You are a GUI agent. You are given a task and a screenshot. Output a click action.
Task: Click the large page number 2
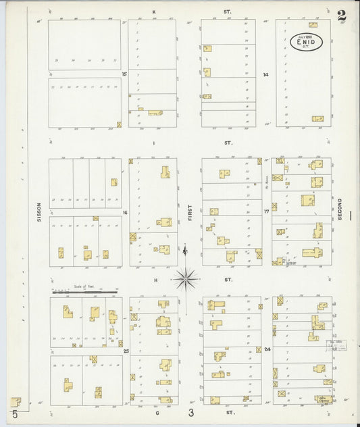[x=342, y=16]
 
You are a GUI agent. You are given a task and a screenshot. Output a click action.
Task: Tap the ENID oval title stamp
[x=307, y=42]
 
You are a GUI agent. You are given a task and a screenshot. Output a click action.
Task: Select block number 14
[x=266, y=74]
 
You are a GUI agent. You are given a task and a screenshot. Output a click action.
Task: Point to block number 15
[x=124, y=74]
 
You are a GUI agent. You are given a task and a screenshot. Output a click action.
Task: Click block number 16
[x=125, y=212]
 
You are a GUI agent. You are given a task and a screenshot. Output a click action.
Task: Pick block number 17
[x=267, y=211]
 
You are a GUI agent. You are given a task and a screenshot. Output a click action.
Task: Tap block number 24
[x=267, y=349]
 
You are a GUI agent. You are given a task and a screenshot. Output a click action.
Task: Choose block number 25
[x=126, y=351]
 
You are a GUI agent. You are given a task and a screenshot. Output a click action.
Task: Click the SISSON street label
[x=39, y=212]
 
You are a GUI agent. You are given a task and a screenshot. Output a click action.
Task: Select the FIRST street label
[x=190, y=214]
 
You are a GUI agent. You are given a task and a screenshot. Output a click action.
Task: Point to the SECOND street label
[x=340, y=209]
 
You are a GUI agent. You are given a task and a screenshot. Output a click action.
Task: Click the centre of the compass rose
[x=185, y=278]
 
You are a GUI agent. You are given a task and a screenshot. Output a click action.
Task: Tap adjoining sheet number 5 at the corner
[x=14, y=413]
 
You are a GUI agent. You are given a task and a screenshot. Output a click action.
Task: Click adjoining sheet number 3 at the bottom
[x=191, y=412]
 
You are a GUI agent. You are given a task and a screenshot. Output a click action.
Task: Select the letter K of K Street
[x=154, y=12]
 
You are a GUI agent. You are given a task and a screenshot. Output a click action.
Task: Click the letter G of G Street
[x=155, y=411]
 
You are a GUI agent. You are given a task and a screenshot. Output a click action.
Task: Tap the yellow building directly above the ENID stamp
[x=313, y=25]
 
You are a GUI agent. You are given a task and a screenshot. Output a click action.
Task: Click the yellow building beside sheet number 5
[x=15, y=401]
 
